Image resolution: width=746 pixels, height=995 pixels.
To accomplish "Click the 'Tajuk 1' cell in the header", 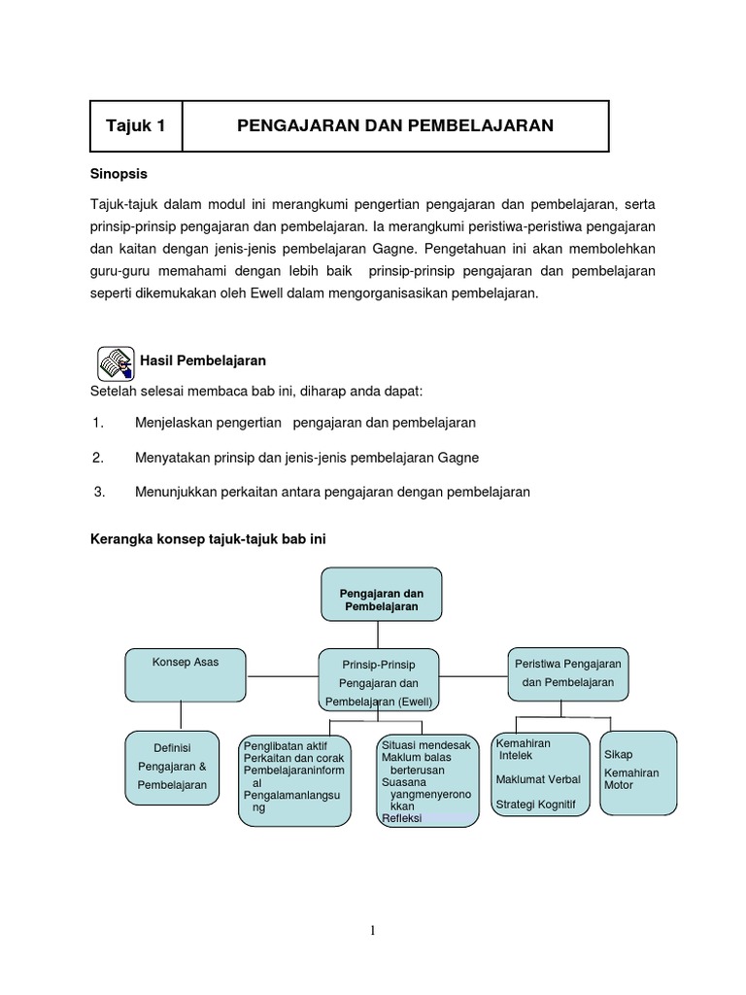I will coord(136,126).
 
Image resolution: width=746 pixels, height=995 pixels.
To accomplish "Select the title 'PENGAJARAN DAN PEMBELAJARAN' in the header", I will coord(395,126).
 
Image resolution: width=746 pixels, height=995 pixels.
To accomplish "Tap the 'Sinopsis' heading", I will coord(119,173).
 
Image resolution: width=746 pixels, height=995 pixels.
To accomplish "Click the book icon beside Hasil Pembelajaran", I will coord(117,361).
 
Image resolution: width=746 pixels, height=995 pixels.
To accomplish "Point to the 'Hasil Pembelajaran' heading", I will coord(204,360).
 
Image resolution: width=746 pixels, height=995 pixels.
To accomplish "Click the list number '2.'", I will coord(98,457).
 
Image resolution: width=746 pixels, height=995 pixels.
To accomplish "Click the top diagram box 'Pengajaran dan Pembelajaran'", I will coord(381,594).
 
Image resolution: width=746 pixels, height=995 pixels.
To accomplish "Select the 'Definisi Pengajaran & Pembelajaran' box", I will coord(172,767).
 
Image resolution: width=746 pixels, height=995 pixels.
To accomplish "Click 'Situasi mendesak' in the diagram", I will coord(425,744).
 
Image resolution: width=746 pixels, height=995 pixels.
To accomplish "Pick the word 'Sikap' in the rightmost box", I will coord(619,754).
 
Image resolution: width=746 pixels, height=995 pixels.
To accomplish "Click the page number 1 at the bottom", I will coord(372,932).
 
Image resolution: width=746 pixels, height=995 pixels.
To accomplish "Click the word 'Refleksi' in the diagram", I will coord(402,817).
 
